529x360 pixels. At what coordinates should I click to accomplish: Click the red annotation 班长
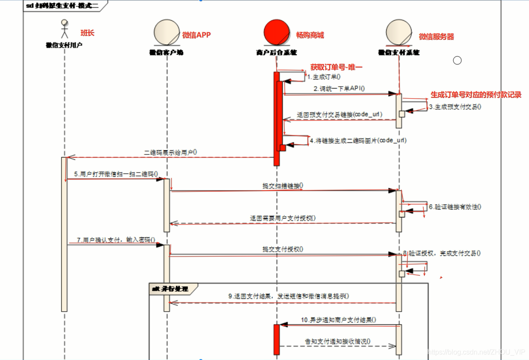click(x=87, y=33)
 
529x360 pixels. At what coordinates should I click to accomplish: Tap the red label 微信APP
click(x=196, y=35)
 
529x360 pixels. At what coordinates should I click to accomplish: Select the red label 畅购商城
click(x=310, y=35)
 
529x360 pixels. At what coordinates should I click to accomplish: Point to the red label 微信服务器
click(x=436, y=37)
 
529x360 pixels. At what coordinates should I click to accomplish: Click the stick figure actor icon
click(x=64, y=29)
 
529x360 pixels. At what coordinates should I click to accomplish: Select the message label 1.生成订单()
click(x=324, y=77)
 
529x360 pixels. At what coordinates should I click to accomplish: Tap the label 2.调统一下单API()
click(x=340, y=88)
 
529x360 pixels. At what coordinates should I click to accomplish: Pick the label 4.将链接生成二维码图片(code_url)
click(x=358, y=141)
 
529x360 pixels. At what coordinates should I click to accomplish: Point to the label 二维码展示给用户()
click(x=170, y=152)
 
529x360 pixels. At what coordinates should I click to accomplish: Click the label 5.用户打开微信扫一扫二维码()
click(x=115, y=174)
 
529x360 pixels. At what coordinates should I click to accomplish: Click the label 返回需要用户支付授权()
click(x=282, y=218)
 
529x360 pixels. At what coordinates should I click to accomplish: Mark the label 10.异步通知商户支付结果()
click(x=338, y=320)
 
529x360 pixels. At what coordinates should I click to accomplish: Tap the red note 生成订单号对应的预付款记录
click(x=476, y=95)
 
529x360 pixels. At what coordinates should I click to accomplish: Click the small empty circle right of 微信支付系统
click(x=457, y=61)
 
